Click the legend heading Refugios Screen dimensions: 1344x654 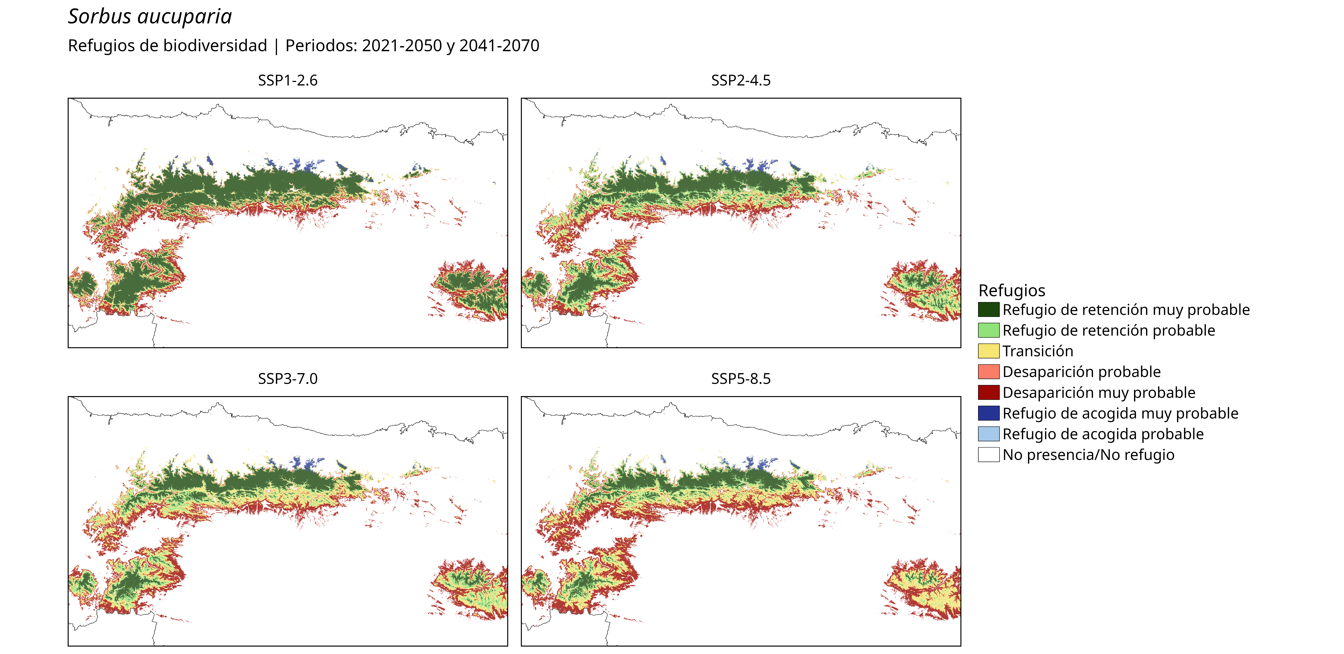[1012, 290]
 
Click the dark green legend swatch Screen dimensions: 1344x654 [989, 310]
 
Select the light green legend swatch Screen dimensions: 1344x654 [989, 330]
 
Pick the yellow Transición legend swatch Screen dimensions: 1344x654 [989, 351]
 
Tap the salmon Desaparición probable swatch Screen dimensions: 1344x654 [989, 372]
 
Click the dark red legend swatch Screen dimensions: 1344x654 [989, 392]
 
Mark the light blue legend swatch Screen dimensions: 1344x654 [989, 434]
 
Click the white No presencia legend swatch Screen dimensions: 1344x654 [989, 455]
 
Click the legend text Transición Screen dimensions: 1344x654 [1038, 351]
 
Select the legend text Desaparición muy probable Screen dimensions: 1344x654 [1099, 392]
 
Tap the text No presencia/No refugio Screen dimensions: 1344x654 [1088, 455]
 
